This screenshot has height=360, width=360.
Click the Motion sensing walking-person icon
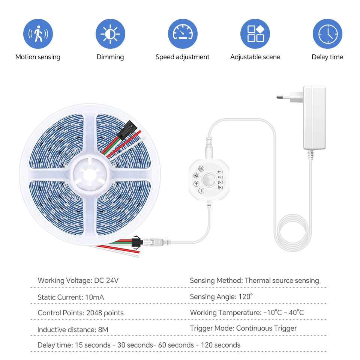[x=38, y=34]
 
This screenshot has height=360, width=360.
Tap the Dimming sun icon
[x=110, y=34]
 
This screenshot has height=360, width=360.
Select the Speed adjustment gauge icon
[x=182, y=34]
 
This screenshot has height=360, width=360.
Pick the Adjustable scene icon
[x=255, y=34]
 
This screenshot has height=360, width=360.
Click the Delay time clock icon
[x=327, y=34]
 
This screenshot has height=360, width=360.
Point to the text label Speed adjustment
[x=182, y=57]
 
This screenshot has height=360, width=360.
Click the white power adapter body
[x=314, y=117]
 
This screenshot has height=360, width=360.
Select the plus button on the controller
[x=196, y=184]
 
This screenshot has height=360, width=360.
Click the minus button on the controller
[x=201, y=191]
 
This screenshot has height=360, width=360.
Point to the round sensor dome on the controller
[x=208, y=180]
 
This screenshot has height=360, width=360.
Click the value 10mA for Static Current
[x=94, y=297]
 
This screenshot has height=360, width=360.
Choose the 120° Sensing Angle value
[x=246, y=297]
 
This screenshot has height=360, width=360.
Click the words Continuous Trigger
[x=266, y=328]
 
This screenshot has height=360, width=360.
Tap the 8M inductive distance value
[x=103, y=330]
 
